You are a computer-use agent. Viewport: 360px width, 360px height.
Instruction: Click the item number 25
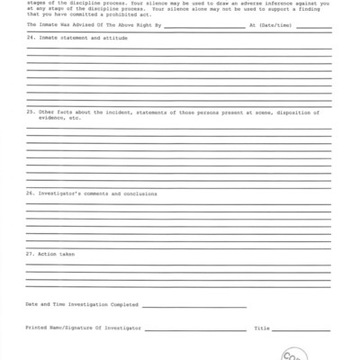click(30, 137)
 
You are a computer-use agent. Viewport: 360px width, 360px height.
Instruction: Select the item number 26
click(30, 193)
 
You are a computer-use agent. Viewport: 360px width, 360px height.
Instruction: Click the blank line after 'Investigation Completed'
click(193, 307)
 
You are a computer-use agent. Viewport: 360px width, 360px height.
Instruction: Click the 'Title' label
click(262, 328)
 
